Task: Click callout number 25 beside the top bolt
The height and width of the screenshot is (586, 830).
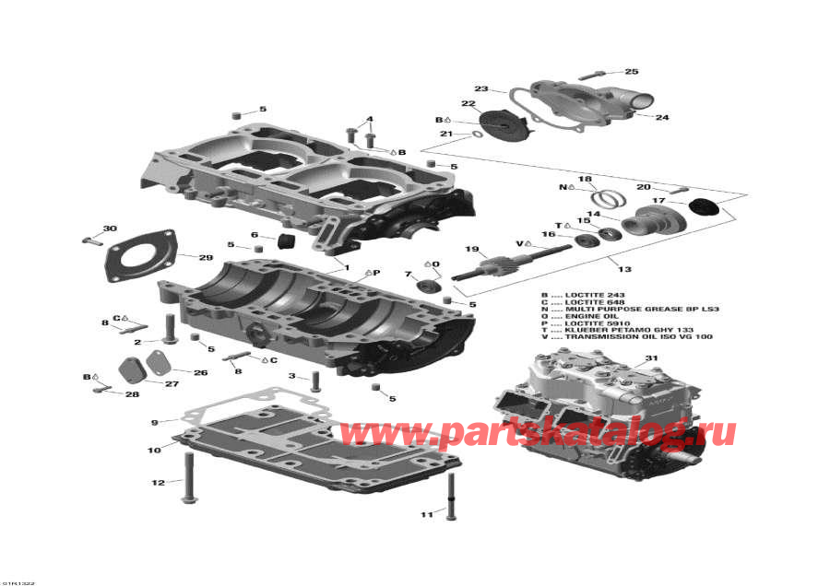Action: (x=632, y=72)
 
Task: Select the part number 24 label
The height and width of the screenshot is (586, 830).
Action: (x=661, y=118)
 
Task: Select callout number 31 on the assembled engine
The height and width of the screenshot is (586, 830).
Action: (x=651, y=358)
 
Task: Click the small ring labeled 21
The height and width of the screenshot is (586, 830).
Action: (x=477, y=136)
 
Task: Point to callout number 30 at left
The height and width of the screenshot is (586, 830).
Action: (x=110, y=229)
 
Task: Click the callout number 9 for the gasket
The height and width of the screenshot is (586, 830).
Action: (x=155, y=423)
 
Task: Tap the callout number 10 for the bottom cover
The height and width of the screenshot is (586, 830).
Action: (x=154, y=450)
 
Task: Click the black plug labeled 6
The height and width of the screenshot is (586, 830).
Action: (x=283, y=242)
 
